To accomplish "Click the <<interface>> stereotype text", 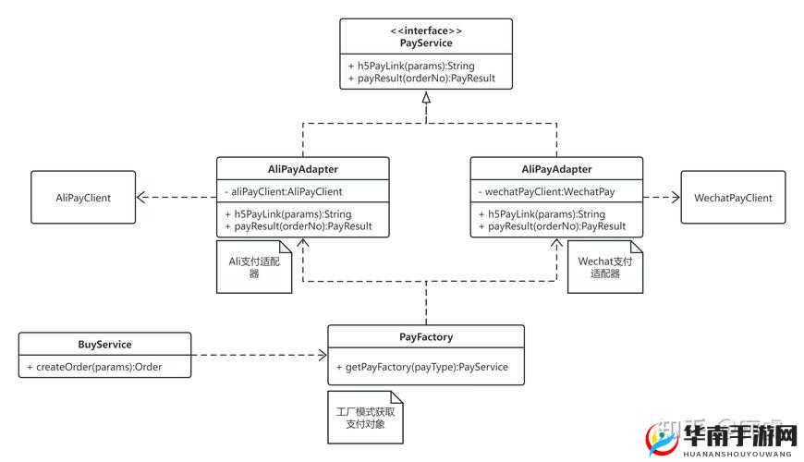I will pyautogui.click(x=425, y=31).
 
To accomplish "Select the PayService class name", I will pyautogui.click(x=425, y=43).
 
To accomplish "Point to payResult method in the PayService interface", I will pyautogui.click(x=421, y=79).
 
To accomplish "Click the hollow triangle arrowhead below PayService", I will pyautogui.click(x=425, y=96).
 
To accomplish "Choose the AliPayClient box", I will pyautogui.click(x=83, y=198).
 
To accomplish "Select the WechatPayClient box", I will pyautogui.click(x=733, y=198).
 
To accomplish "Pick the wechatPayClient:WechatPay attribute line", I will pyautogui.click(x=544, y=191).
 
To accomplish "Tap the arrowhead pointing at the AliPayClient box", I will pyautogui.click(x=142, y=197).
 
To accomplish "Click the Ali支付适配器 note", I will pyautogui.click(x=253, y=267).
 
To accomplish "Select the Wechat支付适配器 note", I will pyautogui.click(x=604, y=267).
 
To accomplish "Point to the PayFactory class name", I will pyautogui.click(x=426, y=337).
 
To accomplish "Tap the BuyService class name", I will pyautogui.click(x=105, y=344).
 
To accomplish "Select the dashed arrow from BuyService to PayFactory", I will pyautogui.click(x=259, y=355).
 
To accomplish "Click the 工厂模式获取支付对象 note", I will pyautogui.click(x=365, y=417).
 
